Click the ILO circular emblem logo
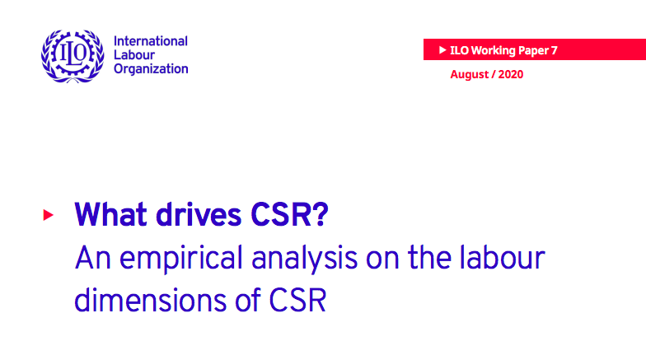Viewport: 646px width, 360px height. (69, 55)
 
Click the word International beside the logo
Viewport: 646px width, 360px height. (150, 41)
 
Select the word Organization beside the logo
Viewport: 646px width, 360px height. (151, 69)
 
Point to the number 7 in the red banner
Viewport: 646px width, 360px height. (555, 50)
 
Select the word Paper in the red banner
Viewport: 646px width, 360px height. (534, 50)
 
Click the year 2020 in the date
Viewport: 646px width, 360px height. (509, 75)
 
